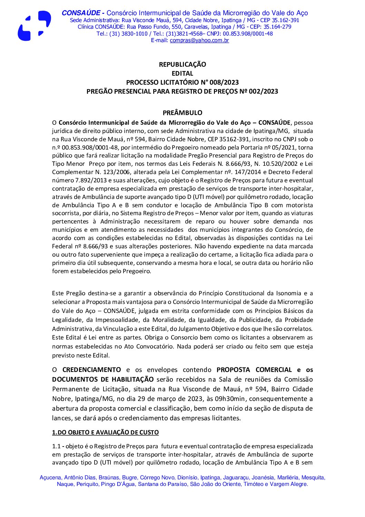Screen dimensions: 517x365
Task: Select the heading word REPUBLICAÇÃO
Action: [182, 64]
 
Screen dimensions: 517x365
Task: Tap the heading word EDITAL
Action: [182, 73]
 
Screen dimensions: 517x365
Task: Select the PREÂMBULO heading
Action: [182, 113]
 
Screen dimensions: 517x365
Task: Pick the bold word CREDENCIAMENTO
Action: [91, 370]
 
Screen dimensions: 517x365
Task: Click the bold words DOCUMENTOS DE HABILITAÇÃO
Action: [103, 379]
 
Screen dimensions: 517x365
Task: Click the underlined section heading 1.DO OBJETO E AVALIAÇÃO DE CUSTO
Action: [105, 432]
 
